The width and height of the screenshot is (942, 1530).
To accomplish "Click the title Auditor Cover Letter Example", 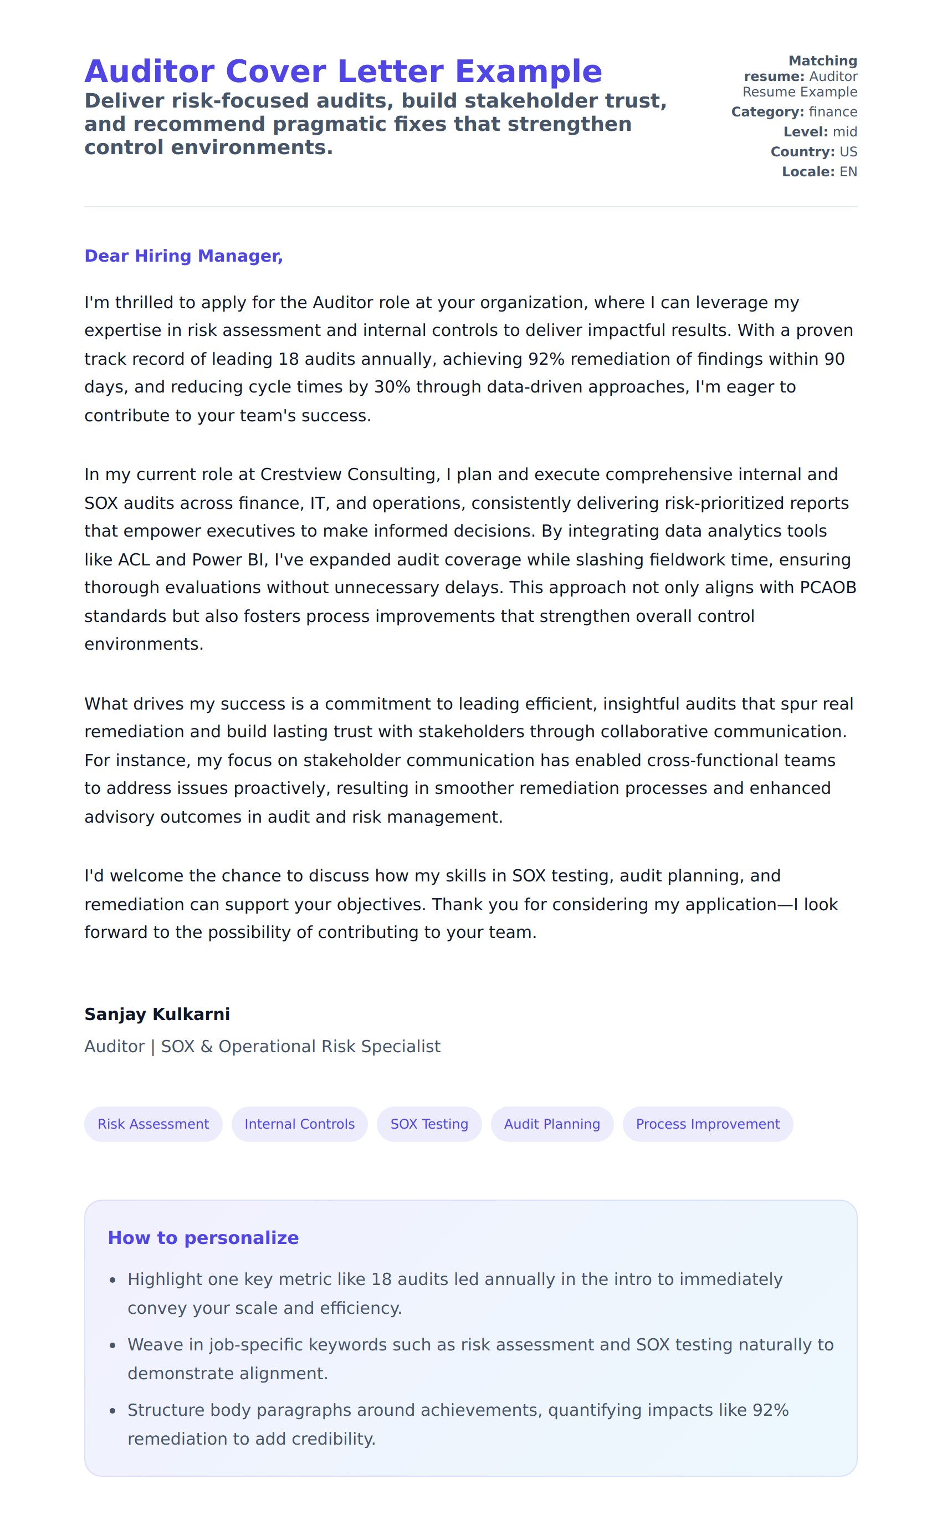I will pos(344,71).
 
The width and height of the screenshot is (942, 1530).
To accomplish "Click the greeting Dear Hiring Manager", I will pos(183,256).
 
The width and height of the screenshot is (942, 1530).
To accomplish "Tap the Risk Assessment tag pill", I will pos(153,1124).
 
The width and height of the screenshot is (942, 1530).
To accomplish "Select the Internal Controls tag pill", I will pos(300,1124).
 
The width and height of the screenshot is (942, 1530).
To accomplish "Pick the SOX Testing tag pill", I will pos(429,1124).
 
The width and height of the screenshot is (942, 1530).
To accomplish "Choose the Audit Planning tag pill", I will pos(552,1124).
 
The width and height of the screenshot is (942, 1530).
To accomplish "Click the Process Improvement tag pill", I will pos(708,1124).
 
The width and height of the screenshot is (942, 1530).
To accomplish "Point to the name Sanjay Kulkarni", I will pos(157,1014).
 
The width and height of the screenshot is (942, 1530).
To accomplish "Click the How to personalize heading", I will pos(203,1238).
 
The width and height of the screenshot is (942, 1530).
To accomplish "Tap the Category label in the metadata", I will pos(767,112).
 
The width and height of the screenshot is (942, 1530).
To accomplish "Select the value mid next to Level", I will pos(845,132).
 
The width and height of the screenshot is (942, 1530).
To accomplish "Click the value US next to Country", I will pos(848,152).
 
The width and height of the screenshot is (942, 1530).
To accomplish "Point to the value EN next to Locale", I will pos(848,172).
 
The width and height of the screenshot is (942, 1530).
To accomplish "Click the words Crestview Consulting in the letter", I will pos(349,475).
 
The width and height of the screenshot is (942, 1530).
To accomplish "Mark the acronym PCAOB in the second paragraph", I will pos(828,588).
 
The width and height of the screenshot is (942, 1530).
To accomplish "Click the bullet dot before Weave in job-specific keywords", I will pos(113,1345).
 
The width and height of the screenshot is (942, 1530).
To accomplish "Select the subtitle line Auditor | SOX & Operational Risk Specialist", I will pos(262,1047).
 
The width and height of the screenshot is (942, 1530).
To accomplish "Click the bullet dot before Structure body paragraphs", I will pos(113,1411).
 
